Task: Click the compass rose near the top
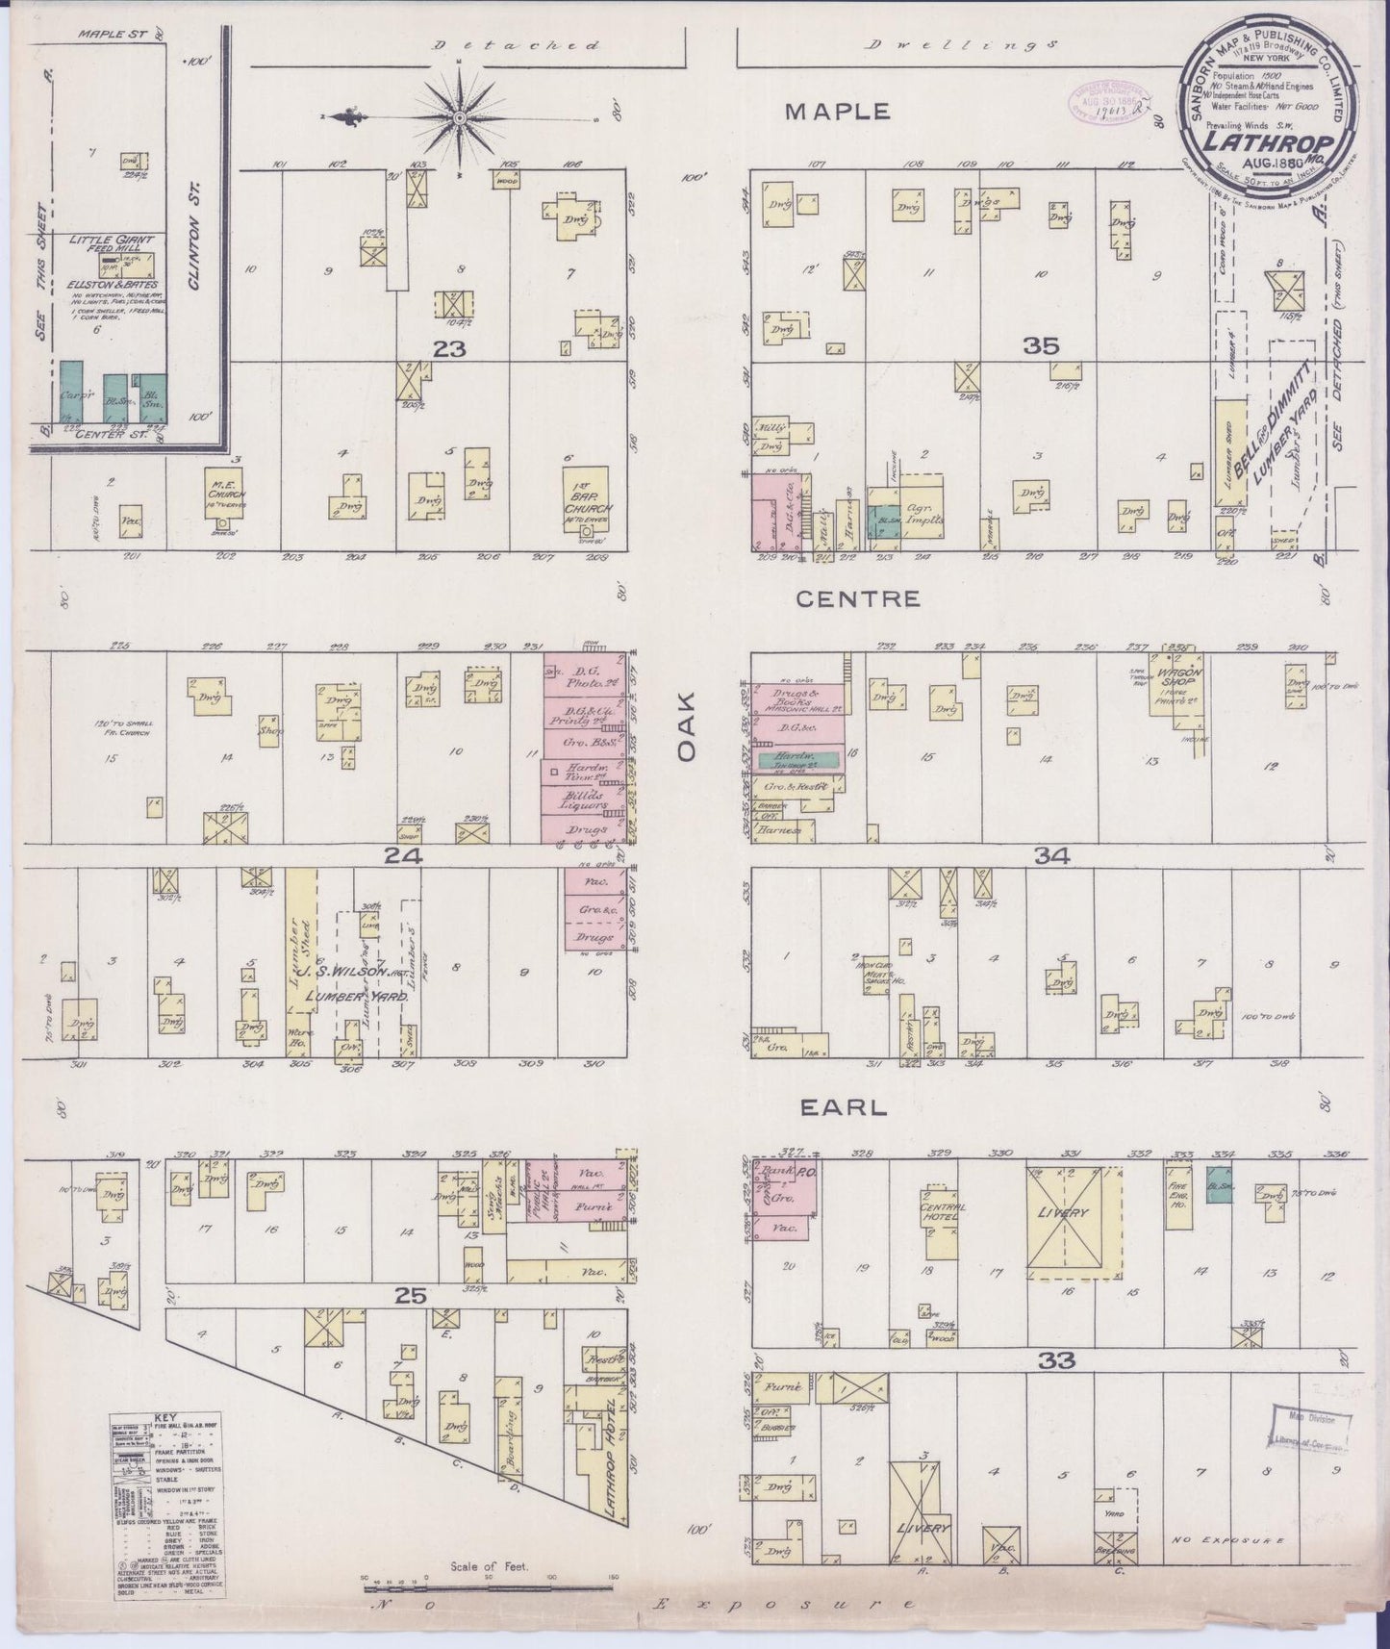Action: click(x=461, y=117)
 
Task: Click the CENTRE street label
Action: click(x=844, y=599)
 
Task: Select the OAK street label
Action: click(x=686, y=738)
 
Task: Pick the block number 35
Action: click(x=1041, y=346)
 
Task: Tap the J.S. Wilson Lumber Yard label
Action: click(x=355, y=980)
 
